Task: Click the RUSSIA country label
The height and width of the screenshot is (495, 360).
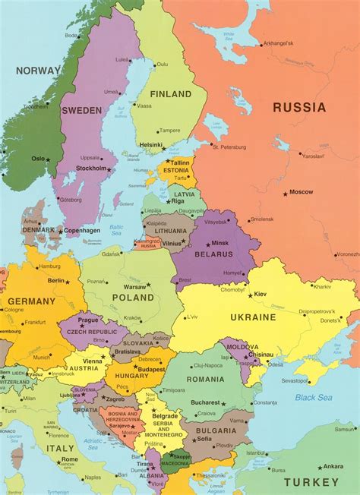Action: [299, 107]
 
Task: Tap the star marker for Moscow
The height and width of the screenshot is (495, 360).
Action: [286, 194]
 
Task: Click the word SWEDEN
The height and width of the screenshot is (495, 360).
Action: [81, 110]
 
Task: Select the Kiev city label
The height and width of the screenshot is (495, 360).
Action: [261, 292]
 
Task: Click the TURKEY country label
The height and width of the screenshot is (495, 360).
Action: [312, 482]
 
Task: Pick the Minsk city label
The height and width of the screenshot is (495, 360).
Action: [220, 243]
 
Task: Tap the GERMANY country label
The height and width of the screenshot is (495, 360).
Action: [31, 301]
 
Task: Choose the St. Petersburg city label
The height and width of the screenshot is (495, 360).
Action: [229, 147]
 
